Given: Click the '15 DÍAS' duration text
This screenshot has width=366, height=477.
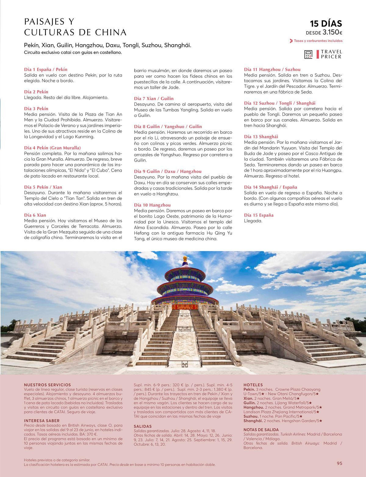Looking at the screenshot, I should tap(326, 24).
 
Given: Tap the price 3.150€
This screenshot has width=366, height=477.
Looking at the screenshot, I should tap(332, 32).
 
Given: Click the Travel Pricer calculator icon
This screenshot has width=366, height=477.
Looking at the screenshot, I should tap(308, 55).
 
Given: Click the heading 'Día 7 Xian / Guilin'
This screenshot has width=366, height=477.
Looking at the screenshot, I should tap(154, 98).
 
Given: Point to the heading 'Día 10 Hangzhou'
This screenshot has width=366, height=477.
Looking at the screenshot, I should tap(152, 205).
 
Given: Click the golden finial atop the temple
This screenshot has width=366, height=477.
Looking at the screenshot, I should tap(184, 259).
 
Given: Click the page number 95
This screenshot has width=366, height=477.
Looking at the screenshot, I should tap(339, 463).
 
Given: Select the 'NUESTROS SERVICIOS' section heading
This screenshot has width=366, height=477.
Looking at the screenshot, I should tap(47, 385).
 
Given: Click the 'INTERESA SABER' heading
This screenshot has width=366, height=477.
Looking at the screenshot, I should tap(42, 421).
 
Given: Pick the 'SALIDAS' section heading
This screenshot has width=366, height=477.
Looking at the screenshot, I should tap(143, 426).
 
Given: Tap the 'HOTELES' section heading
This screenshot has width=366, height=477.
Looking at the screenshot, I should tap(253, 385).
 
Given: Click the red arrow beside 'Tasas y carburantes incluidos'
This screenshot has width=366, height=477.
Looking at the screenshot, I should tap(291, 41).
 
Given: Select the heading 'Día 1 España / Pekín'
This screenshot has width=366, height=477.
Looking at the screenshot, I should tap(45, 69).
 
